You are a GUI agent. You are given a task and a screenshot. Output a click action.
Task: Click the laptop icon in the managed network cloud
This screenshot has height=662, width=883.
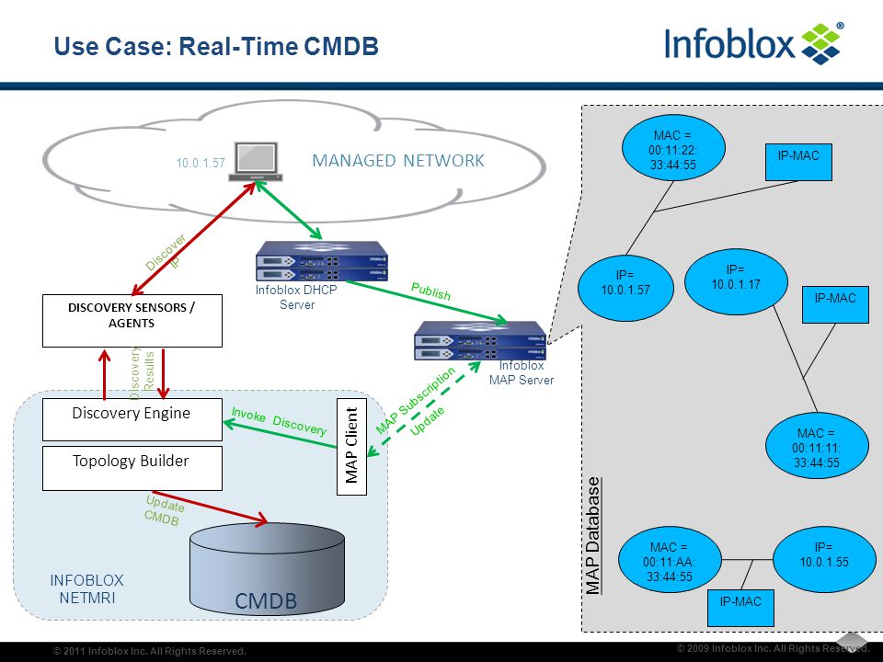[256, 162]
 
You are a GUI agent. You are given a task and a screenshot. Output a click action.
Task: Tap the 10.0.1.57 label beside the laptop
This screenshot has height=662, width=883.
[201, 164]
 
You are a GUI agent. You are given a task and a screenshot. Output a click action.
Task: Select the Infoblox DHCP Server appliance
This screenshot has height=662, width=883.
[322, 261]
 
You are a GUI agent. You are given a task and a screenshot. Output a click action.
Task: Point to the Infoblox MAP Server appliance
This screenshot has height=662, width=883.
[480, 340]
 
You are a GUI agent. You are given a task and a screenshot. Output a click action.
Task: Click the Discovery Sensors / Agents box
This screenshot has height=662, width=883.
[132, 320]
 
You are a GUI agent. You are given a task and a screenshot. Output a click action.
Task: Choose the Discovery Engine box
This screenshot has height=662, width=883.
[132, 419]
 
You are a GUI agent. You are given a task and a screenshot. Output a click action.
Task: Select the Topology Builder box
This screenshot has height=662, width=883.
[132, 468]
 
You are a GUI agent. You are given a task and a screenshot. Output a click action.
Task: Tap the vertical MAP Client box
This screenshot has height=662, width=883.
[352, 447]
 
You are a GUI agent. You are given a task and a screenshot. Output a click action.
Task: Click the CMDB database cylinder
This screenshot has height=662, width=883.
[267, 568]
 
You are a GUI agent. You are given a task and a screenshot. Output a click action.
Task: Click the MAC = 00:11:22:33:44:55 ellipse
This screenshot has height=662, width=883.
[673, 148]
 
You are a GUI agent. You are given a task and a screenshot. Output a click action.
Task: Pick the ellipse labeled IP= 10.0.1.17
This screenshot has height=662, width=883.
[736, 282]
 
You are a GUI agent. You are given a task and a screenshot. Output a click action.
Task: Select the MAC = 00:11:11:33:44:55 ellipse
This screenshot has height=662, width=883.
[817, 446]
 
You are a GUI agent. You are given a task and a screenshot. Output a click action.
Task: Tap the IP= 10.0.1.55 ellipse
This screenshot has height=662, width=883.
[824, 560]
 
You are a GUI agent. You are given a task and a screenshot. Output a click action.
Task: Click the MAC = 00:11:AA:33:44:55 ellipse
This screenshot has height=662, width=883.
[670, 560]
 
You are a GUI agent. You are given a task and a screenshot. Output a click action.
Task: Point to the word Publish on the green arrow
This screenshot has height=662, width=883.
[430, 291]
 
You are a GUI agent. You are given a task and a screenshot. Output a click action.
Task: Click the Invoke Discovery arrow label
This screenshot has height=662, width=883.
[279, 422]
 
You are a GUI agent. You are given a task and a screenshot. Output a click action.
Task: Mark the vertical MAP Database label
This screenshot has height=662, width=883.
[592, 536]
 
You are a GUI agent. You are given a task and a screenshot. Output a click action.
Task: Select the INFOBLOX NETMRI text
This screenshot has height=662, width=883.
[86, 588]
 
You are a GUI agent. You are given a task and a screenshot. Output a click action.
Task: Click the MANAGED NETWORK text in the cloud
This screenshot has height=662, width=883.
[398, 161]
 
